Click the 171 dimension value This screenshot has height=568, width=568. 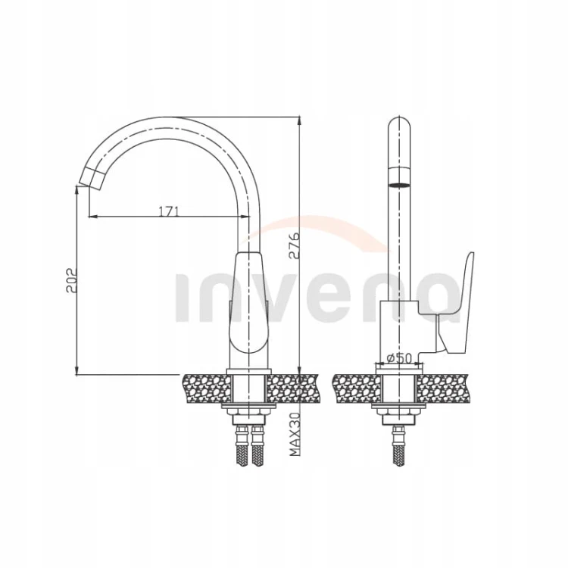pos(169,211)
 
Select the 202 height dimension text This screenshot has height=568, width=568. pos(71,280)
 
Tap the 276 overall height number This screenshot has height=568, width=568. pos(294,245)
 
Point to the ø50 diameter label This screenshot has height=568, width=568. pos(400,359)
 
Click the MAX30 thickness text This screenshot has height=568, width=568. pos(295,435)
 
